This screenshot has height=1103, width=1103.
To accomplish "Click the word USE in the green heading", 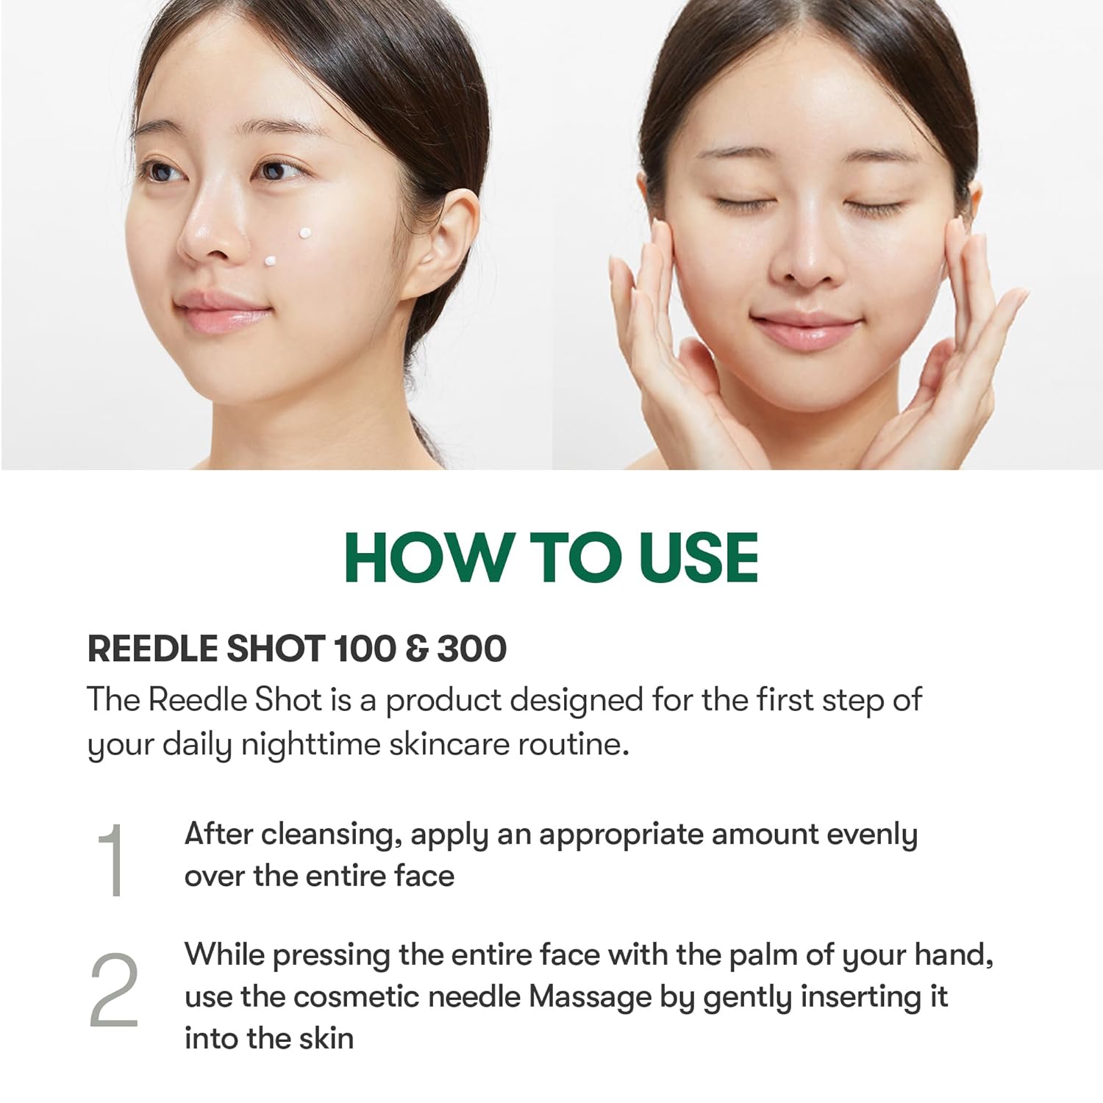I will click(699, 557).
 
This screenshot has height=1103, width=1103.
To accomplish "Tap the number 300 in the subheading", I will click(471, 649).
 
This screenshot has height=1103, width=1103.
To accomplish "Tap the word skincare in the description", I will click(449, 744).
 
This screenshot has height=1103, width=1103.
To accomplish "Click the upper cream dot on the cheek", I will click(305, 233).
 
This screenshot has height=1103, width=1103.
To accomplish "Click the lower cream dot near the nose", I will click(271, 260).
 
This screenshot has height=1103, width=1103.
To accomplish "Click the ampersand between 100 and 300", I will click(416, 649).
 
